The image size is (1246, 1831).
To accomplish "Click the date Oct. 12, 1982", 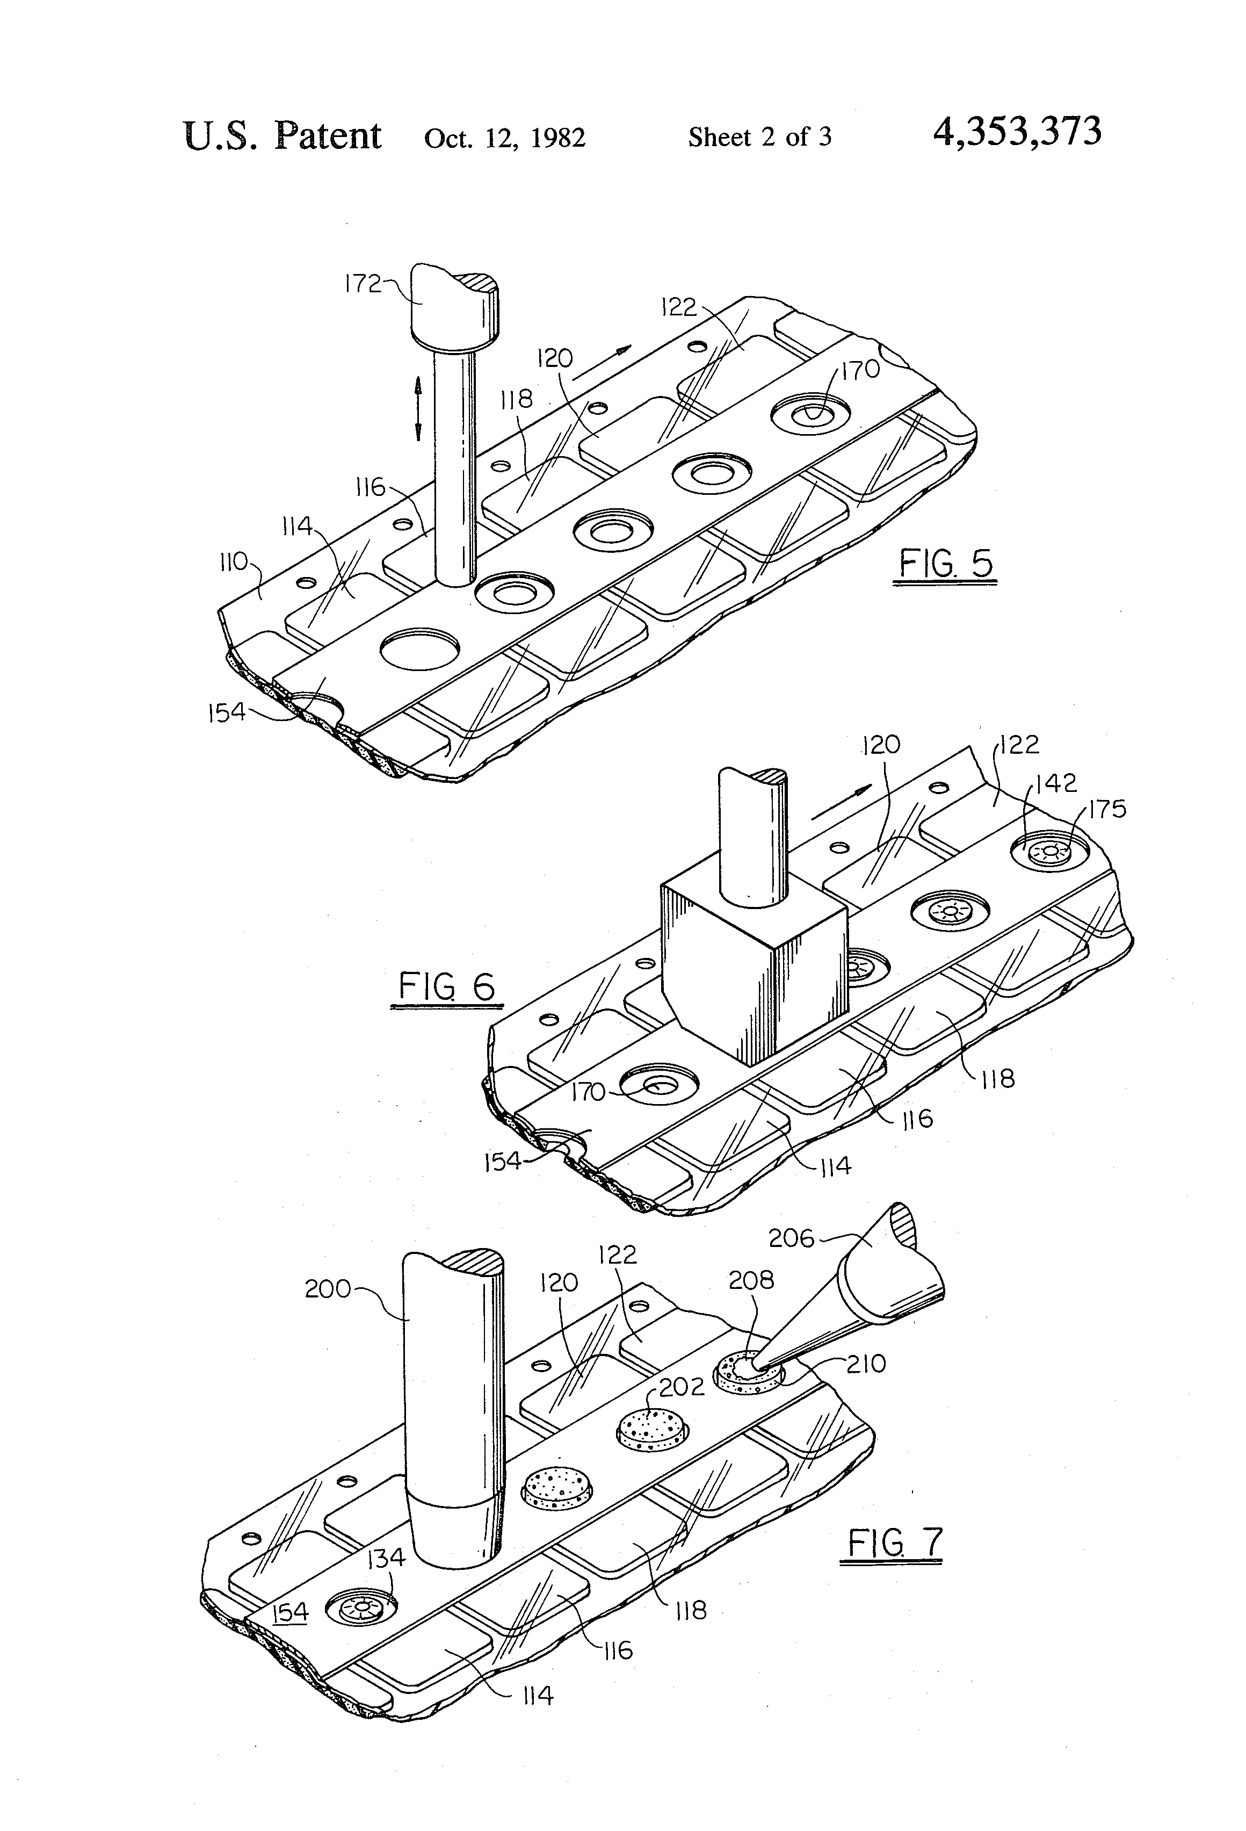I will pyautogui.click(x=504, y=139).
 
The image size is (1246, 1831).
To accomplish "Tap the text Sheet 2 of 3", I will pyautogui.click(x=759, y=138).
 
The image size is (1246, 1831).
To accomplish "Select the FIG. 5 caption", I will pyautogui.click(x=945, y=564).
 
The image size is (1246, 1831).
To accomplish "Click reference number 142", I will pyautogui.click(x=1055, y=783).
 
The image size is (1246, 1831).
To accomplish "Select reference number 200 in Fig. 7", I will pyautogui.click(x=328, y=1289).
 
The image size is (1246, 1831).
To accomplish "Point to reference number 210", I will pyautogui.click(x=866, y=1363).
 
